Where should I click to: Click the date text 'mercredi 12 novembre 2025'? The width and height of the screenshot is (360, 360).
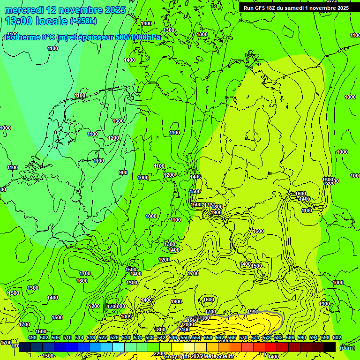click(x=65, y=10)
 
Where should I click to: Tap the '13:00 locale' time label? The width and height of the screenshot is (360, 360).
click(x=37, y=21)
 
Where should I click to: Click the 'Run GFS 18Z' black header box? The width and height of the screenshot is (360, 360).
click(x=296, y=8)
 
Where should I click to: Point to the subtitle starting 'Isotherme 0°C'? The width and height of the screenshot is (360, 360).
click(x=82, y=37)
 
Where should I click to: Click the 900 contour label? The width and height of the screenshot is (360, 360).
click(x=123, y=172)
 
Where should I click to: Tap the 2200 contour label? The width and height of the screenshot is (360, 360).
click(x=159, y=353)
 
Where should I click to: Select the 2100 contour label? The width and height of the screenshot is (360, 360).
click(x=184, y=330)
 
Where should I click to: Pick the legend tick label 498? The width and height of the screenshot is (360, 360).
click(x=32, y=338)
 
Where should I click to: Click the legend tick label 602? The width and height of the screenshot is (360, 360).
click(x=337, y=338)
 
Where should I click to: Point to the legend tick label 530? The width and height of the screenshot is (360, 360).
click(x=126, y=338)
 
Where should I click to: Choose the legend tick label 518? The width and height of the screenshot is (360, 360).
click(x=91, y=338)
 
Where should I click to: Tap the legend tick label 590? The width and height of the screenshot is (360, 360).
click(x=302, y=338)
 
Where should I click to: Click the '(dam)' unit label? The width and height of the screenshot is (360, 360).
click(x=347, y=347)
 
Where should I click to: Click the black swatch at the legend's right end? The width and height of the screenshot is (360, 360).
click(x=330, y=347)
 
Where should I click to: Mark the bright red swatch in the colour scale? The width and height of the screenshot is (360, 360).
click(x=271, y=347)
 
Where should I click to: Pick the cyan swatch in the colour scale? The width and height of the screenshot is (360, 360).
click(x=119, y=347)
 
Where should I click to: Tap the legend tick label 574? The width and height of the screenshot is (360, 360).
click(x=255, y=338)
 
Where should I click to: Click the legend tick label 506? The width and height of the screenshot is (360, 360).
click(x=56, y=338)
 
